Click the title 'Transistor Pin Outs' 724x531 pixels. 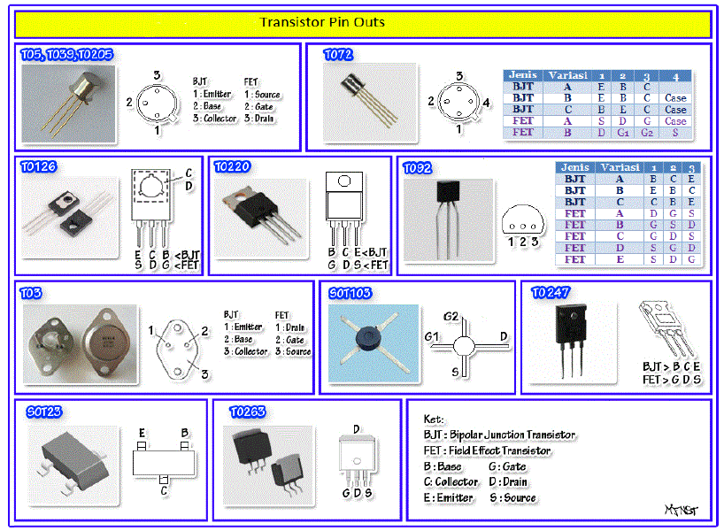(322, 22)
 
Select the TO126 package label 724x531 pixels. (39, 166)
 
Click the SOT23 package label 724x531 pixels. (45, 412)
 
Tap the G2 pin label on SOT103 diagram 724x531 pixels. (451, 316)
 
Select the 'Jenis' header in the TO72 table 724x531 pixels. (522, 75)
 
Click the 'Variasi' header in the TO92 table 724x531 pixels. (619, 167)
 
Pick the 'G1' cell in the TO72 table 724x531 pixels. (622, 132)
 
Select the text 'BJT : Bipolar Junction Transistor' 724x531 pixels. (499, 435)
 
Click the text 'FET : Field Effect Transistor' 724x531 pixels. (487, 450)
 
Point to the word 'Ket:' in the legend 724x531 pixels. (434, 419)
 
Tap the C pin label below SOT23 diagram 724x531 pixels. (164, 488)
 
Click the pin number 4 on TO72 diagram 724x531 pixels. (487, 103)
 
